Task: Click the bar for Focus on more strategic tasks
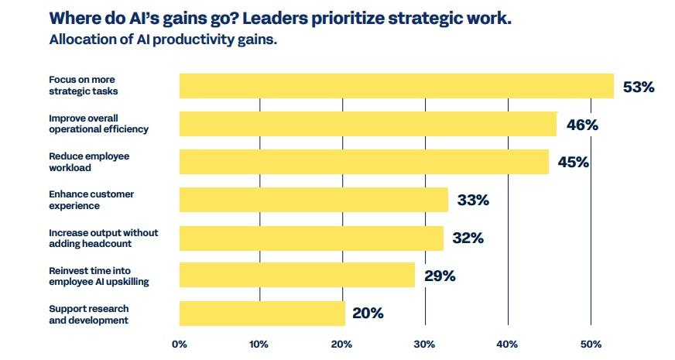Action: pyautogui.click(x=396, y=86)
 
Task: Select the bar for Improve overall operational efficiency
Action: pyautogui.click(x=368, y=124)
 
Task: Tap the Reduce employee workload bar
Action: pyautogui.click(x=364, y=162)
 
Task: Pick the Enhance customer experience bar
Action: pyautogui.click(x=314, y=200)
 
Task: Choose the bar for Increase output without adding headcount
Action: pyautogui.click(x=311, y=238)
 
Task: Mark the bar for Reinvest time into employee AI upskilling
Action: pyautogui.click(x=297, y=276)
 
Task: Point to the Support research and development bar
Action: pyautogui.click(x=262, y=314)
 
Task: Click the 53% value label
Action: pyautogui.click(x=639, y=87)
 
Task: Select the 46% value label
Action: pyautogui.click(x=582, y=125)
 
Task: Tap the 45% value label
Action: pyautogui.click(x=573, y=163)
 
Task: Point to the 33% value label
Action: pyautogui.click(x=473, y=201)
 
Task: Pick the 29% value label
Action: pyautogui.click(x=439, y=276)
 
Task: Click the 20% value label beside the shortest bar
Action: pyautogui.click(x=368, y=314)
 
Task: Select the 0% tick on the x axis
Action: pyautogui.click(x=180, y=344)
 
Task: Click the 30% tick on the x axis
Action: pyautogui.click(x=423, y=344)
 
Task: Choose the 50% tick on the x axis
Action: pyautogui.click(x=591, y=344)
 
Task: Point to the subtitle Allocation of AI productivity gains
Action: pyautogui.click(x=163, y=39)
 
